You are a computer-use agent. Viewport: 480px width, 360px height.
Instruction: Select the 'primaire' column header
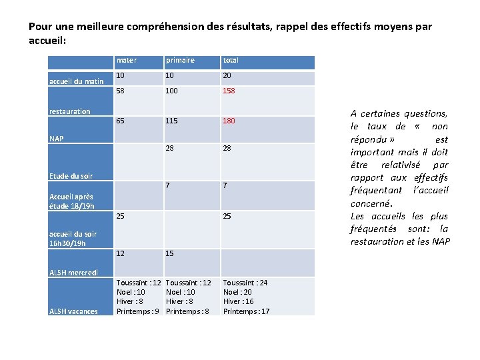180,61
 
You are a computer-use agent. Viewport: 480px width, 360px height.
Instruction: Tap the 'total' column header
231,61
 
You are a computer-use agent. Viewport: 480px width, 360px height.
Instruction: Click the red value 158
229,91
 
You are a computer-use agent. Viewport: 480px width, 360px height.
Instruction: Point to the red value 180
229,121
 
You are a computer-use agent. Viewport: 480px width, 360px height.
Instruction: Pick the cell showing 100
173,91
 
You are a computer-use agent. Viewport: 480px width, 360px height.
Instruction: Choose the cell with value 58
121,91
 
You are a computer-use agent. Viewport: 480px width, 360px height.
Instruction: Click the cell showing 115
173,121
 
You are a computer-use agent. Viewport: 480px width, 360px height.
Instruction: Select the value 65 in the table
121,121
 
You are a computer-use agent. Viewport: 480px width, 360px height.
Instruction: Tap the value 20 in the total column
227,75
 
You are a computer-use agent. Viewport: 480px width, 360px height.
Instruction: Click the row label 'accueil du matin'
77,81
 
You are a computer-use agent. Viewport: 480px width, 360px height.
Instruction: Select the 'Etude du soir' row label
71,176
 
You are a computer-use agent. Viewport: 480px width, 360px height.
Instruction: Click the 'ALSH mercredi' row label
73,272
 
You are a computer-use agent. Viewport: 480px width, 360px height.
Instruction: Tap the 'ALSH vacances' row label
73,311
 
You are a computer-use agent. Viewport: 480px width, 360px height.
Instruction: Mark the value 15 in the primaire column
170,253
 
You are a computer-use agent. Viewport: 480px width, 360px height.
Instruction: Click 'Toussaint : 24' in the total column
245,283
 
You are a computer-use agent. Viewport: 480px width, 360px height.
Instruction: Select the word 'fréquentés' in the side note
373,229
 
